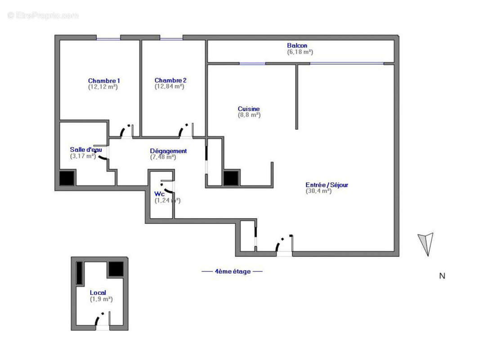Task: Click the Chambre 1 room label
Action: click(x=103, y=81)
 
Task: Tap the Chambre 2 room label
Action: click(x=170, y=80)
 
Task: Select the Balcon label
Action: click(x=297, y=45)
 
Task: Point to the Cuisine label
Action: click(x=249, y=109)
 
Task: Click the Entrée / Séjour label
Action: click(x=327, y=185)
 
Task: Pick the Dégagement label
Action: click(x=168, y=151)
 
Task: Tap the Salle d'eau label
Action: click(x=85, y=150)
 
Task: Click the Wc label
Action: click(x=160, y=194)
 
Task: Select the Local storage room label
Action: click(x=98, y=293)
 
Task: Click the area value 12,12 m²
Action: click(x=103, y=87)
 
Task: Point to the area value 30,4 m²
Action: click(x=318, y=191)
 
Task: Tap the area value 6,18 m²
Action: click(x=300, y=52)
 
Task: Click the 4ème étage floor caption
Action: click(x=232, y=272)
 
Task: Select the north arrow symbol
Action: click(x=425, y=243)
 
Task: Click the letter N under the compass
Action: click(x=442, y=276)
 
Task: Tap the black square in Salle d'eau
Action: click(x=68, y=178)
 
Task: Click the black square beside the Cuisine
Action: click(x=231, y=178)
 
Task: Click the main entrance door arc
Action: click(x=282, y=243)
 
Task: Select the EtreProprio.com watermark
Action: click(x=43, y=15)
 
